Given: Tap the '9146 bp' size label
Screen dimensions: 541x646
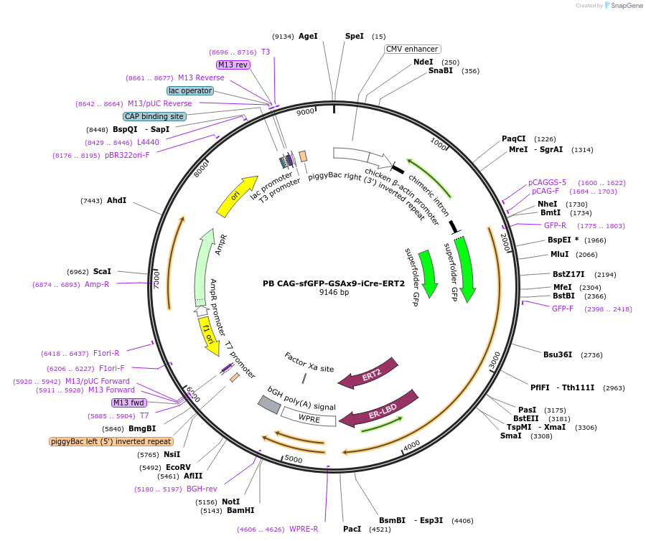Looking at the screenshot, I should tap(334, 293).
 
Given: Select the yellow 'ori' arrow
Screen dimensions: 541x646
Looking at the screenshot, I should tap(238, 196).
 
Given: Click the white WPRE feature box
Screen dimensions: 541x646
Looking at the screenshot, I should tap(309, 416).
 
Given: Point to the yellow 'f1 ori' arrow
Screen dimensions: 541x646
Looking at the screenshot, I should tap(209, 335).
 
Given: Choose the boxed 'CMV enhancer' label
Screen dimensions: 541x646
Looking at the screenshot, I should tap(412, 50).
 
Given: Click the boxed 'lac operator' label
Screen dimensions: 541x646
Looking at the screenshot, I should tap(190, 91).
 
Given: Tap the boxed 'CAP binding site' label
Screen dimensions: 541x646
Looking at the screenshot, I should tap(154, 116).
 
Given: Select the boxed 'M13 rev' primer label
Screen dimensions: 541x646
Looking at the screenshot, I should tap(233, 65).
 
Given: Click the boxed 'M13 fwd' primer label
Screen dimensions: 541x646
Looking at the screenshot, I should tap(129, 403).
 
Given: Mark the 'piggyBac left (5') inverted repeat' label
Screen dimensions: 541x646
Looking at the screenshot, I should tap(111, 441).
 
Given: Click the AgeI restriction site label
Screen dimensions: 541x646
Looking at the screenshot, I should tap(308, 36).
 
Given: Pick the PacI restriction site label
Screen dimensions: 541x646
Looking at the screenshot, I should tap(352, 529).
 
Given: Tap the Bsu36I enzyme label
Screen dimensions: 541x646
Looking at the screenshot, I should tap(558, 354).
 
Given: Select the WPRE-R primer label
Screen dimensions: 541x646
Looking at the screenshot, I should tap(304, 529).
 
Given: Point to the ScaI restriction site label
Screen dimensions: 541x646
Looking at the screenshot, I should tap(102, 272).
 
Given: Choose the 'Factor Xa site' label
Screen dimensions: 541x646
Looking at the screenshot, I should tap(309, 362).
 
